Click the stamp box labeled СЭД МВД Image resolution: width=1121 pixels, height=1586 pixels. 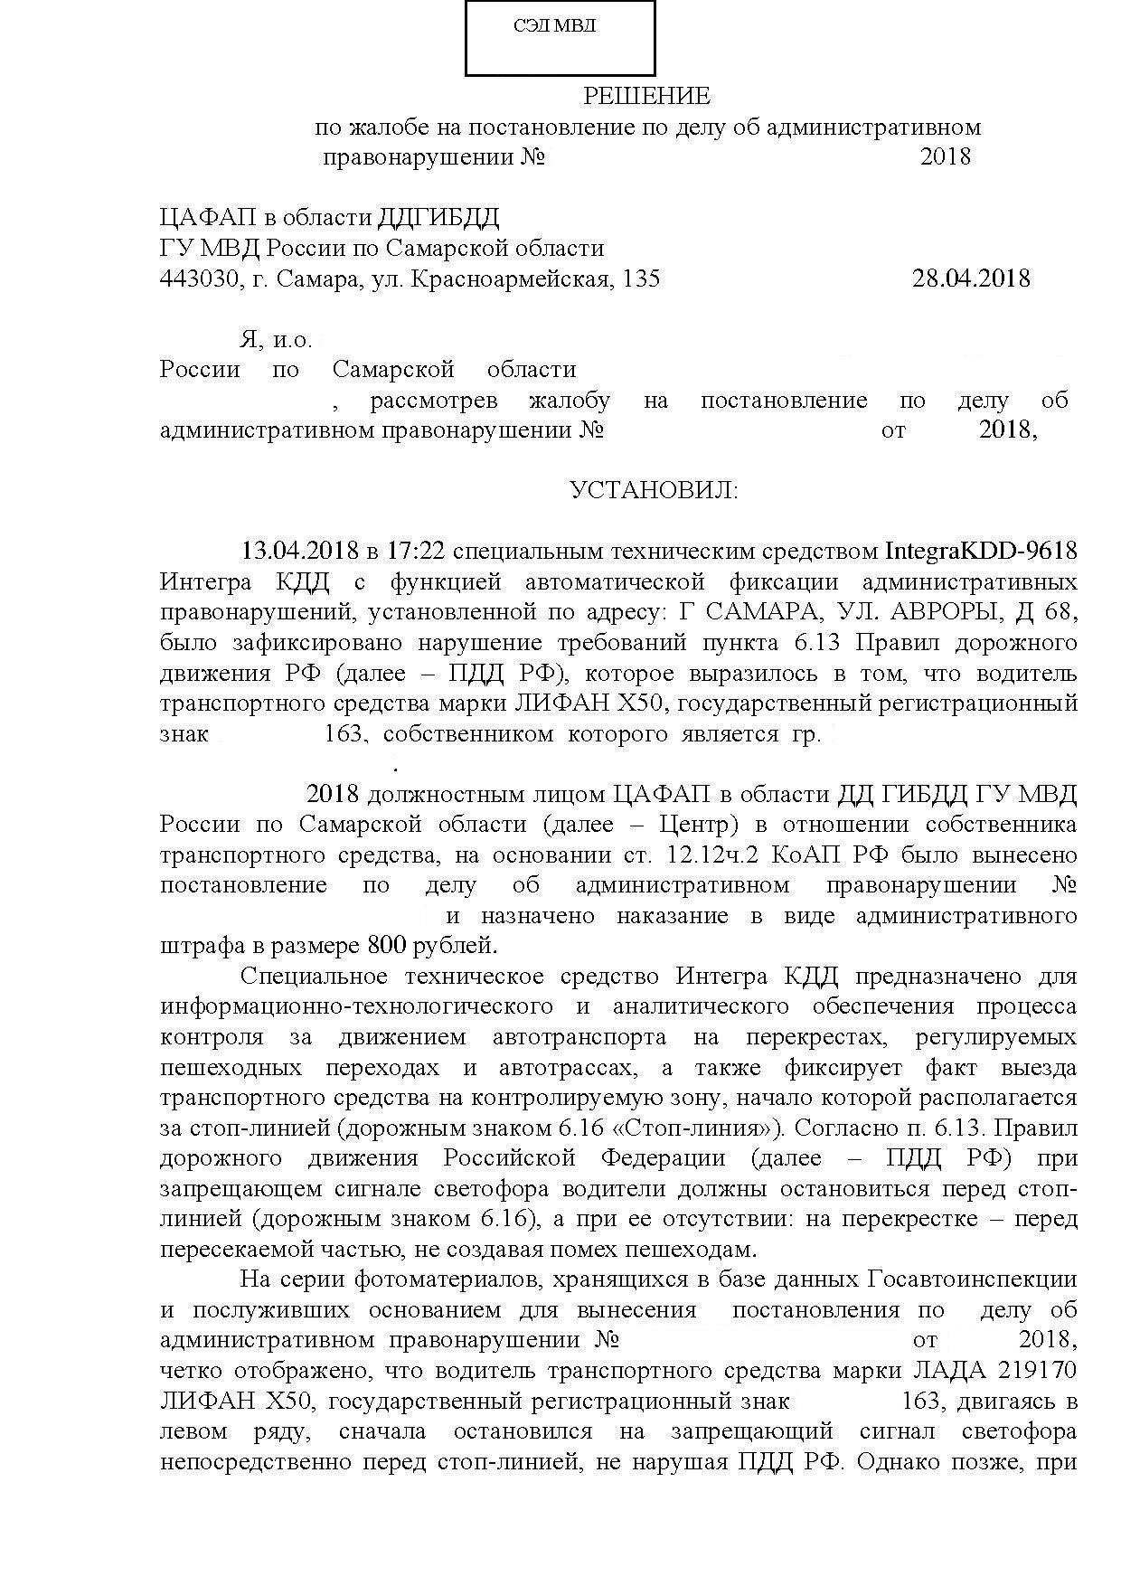[560, 38]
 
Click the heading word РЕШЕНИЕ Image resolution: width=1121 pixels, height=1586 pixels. [646, 96]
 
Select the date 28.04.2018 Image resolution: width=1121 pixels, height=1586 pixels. [971, 278]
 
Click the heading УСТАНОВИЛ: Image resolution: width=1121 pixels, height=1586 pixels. [654, 491]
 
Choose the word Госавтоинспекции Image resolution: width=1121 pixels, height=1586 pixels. [973, 1279]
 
